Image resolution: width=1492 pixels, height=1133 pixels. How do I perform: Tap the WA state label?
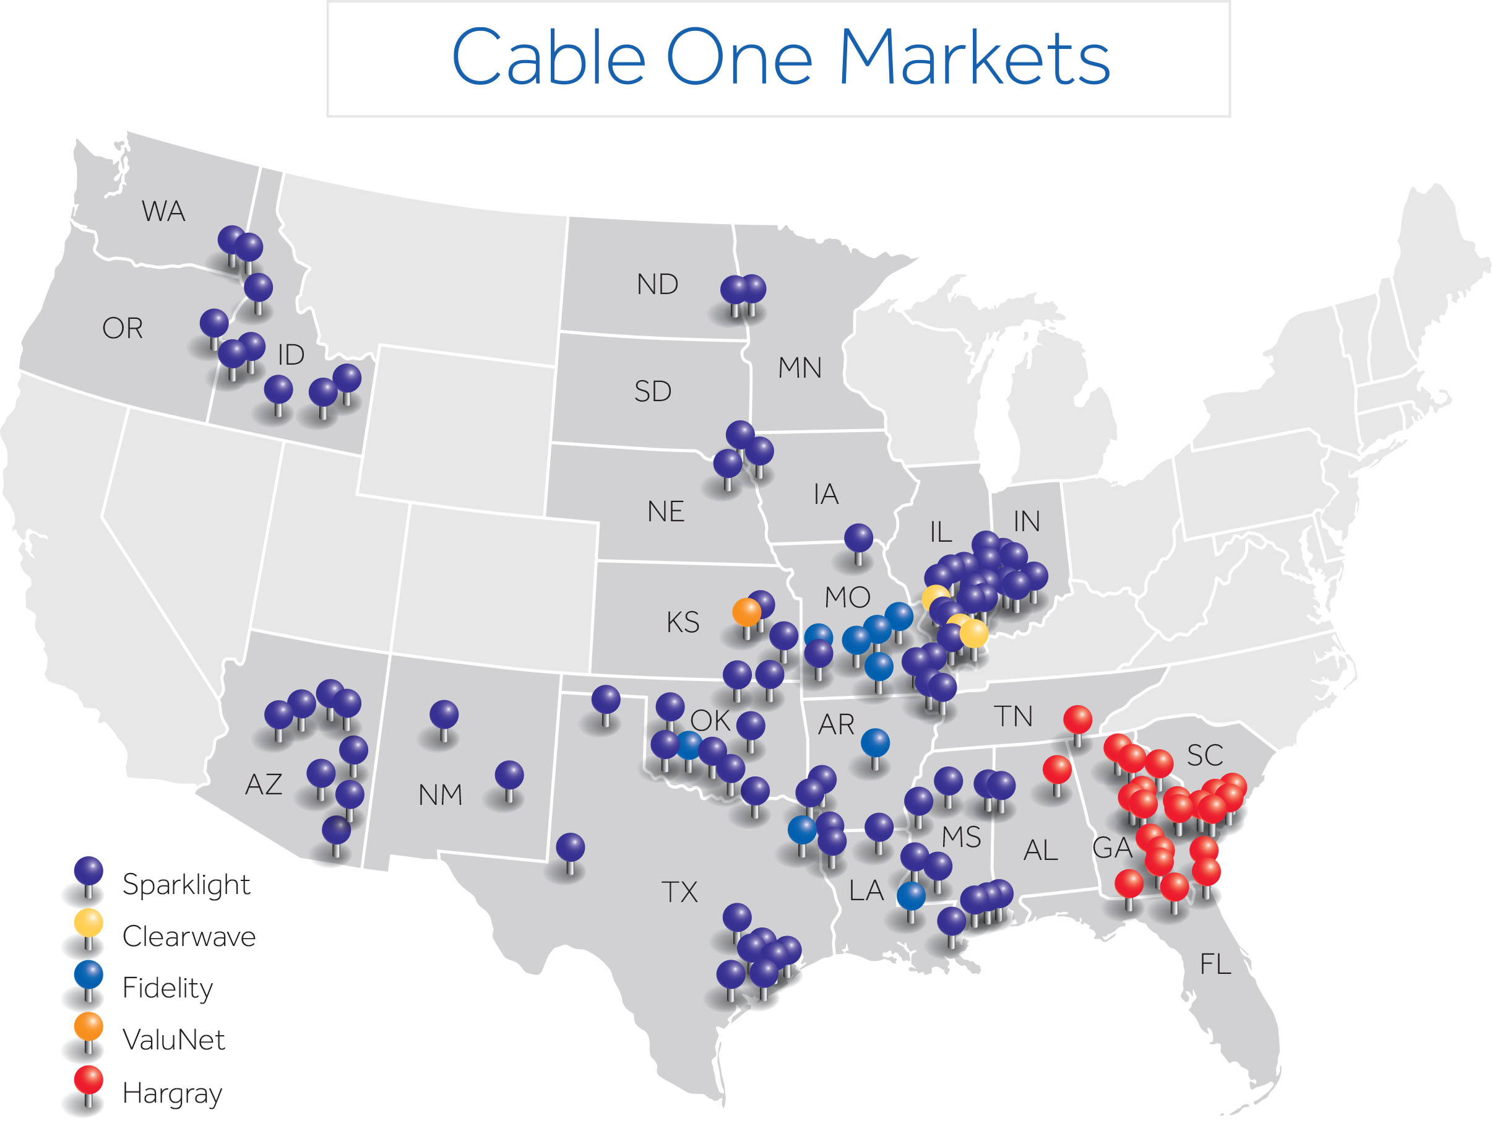[163, 212]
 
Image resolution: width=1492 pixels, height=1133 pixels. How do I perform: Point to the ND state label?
[657, 285]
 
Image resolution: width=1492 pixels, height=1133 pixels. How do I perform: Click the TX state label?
[679, 892]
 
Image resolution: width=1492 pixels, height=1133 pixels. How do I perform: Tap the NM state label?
[440, 796]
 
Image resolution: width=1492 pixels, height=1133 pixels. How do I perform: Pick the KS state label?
[683, 622]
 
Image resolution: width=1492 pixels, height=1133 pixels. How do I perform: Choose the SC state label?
[1205, 755]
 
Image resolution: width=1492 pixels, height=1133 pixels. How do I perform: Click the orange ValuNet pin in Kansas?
[747, 613]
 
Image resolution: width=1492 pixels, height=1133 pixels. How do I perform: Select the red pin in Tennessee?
[1077, 719]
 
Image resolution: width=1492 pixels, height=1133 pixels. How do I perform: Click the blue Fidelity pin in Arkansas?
[875, 743]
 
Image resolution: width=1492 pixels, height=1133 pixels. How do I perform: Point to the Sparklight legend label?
[186, 885]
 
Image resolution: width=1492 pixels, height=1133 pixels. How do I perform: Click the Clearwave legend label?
[189, 937]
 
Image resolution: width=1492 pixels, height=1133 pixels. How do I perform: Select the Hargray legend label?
[172, 1093]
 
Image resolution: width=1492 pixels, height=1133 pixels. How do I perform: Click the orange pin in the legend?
[88, 1027]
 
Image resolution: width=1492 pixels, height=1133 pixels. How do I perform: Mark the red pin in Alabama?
[1056, 770]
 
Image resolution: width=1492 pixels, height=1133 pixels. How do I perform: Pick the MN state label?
[800, 368]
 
